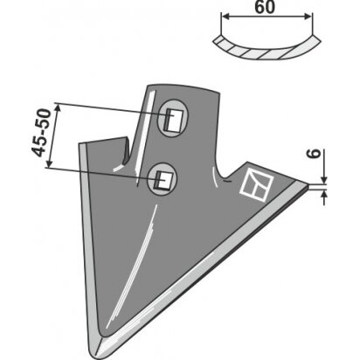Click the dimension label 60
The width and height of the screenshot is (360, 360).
tap(265, 7)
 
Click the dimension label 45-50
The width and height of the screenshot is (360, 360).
tap(41, 133)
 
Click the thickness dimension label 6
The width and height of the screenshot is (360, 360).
tap(315, 154)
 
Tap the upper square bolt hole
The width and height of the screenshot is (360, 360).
tap(174, 120)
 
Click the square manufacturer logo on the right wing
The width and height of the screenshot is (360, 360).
tap(256, 184)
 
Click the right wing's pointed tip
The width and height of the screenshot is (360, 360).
tap(308, 185)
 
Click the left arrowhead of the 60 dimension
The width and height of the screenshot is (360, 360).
tap(225, 17)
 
